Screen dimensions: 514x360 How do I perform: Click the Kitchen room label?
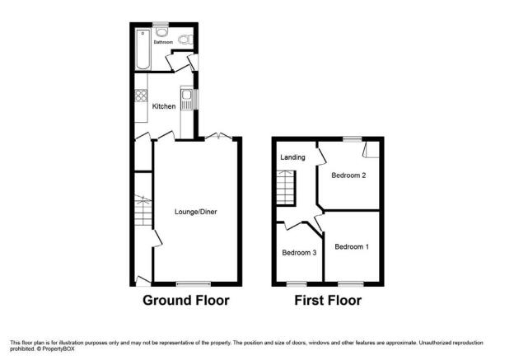coord(164,106)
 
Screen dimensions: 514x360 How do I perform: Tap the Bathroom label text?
coord(163,42)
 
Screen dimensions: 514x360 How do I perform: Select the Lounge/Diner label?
coord(196,212)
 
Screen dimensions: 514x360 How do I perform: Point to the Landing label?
coord(292,157)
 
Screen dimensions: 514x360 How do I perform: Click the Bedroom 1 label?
coord(352,246)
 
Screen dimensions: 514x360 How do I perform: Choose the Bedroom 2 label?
coord(348,175)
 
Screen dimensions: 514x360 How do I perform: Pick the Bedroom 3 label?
coord(299,253)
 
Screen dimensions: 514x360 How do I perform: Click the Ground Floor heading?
coord(186,301)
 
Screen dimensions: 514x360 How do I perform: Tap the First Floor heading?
coord(328,301)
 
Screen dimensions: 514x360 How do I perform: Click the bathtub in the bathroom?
coord(143,49)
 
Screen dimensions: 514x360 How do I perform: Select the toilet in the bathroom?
coord(185,40)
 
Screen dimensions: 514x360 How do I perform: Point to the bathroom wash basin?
coord(161,32)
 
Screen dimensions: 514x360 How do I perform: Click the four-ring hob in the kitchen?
coord(142,96)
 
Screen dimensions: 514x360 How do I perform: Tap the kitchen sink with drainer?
coord(187,100)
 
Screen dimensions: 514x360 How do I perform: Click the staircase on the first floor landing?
coord(286,188)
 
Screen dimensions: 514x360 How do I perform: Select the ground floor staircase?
coord(143,210)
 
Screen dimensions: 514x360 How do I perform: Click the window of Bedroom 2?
coord(353,139)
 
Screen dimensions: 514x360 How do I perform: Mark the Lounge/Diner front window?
coord(194,284)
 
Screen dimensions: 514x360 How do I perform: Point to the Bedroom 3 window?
coord(297,284)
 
